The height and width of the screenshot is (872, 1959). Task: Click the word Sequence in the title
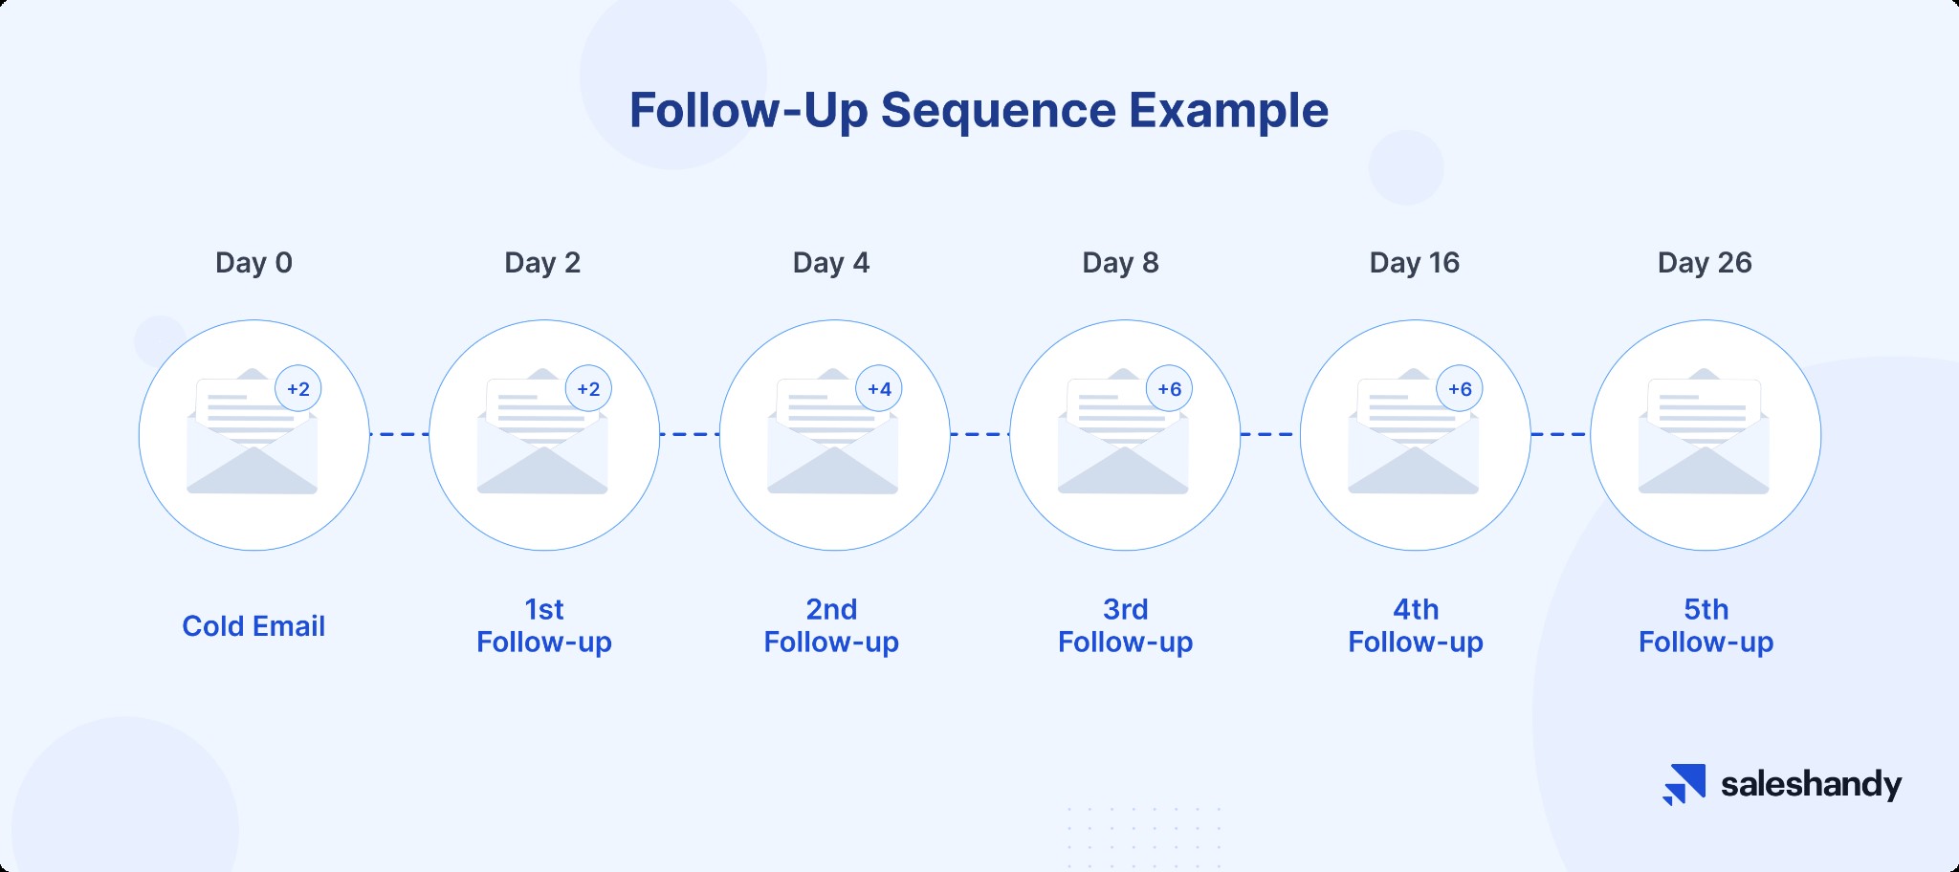(x=998, y=111)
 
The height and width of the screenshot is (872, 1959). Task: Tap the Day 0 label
(x=253, y=263)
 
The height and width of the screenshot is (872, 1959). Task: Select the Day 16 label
(x=1414, y=263)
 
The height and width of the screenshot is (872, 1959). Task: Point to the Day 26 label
(x=1704, y=263)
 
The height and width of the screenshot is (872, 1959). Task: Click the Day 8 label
(x=1120, y=263)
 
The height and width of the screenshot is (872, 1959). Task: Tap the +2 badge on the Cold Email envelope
(x=298, y=389)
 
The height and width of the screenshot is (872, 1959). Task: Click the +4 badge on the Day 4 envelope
(x=879, y=389)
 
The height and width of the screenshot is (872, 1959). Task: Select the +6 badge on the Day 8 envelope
(x=1169, y=389)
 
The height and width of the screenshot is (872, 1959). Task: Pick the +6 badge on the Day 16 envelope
(x=1460, y=389)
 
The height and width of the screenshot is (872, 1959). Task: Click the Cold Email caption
(x=253, y=626)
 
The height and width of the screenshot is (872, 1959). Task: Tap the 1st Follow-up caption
(x=544, y=625)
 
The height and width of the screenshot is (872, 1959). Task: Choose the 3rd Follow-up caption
(x=1125, y=625)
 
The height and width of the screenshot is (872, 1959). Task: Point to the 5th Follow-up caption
(x=1706, y=625)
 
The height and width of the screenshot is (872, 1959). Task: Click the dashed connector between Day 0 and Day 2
(x=399, y=434)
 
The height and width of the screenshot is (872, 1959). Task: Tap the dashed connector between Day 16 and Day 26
(x=1560, y=434)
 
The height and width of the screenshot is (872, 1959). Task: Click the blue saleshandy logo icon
(x=1684, y=784)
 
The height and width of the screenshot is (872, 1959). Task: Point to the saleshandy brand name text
(x=1811, y=785)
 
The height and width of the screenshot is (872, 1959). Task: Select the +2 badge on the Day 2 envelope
(x=588, y=389)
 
